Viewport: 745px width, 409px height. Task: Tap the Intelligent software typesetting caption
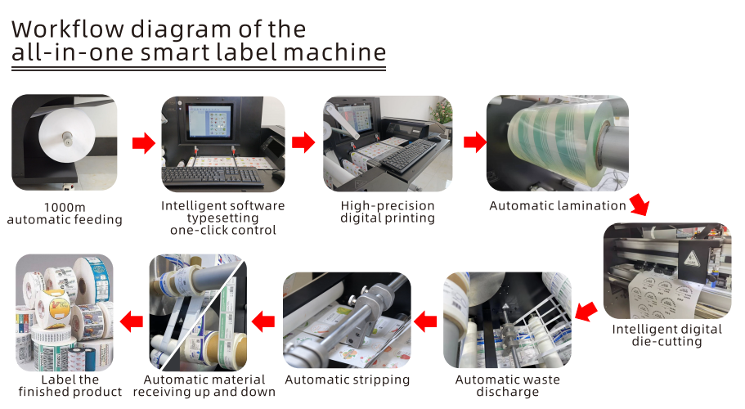(223, 218)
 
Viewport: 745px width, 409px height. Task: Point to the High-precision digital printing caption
(388, 212)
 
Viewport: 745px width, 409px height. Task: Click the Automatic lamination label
(558, 206)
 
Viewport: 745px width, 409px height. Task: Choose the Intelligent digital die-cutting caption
(667, 335)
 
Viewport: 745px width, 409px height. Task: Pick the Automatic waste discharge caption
(509, 386)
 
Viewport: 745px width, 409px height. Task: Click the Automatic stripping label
(348, 380)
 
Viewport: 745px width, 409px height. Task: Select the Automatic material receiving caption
(204, 386)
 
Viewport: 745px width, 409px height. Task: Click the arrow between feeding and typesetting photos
(144, 144)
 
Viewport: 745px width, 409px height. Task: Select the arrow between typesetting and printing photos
(303, 143)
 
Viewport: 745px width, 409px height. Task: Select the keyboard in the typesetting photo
(213, 176)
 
